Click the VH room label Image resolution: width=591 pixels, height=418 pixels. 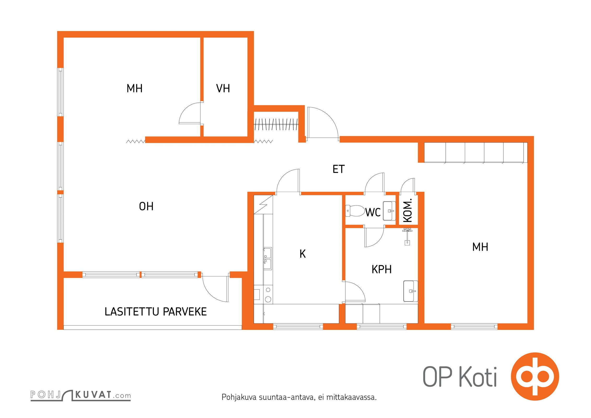pos(223,88)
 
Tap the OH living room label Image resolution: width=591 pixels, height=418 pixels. pos(146,206)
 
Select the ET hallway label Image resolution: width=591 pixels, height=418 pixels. pos(339,169)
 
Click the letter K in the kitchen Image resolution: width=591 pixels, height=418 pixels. pos(303,254)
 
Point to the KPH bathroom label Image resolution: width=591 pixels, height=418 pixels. pos(381,269)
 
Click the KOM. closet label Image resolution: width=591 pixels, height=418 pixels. pos(408,210)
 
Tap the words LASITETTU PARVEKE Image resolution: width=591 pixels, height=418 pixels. pos(156,312)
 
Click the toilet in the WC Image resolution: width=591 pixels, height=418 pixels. pos(355,211)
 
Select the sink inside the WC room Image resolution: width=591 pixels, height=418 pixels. pos(389,211)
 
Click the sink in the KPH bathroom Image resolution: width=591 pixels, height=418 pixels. pos(410,291)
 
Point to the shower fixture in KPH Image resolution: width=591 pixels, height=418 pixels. pos(407,236)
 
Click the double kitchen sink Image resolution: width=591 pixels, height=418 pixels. pos(267,258)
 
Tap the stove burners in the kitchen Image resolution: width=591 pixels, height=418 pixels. pos(268,295)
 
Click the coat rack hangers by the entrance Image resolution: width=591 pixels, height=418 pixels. pos(276,124)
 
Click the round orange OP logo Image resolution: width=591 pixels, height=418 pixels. pos(535,376)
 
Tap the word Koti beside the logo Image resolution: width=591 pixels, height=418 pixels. pos(478,377)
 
